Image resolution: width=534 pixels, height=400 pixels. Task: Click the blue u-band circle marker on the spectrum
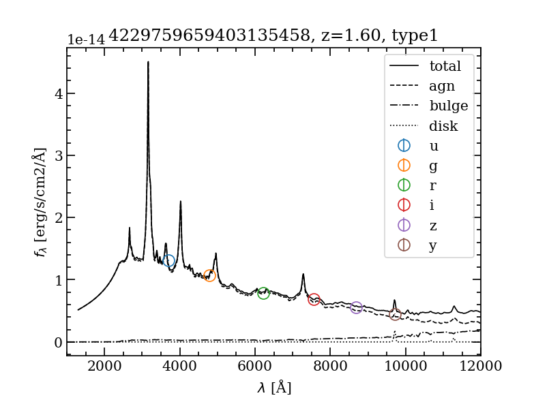coord(169,261)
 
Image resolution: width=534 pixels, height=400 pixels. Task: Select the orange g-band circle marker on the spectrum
coord(210,275)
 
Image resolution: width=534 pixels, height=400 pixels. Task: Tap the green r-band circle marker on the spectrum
coord(263,293)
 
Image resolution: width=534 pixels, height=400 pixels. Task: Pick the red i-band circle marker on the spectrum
coord(314,300)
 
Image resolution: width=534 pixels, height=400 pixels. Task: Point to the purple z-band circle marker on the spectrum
coord(356,308)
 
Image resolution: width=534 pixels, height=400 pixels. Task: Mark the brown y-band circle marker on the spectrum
coord(395,314)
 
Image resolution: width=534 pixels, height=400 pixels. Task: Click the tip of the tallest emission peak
coord(148,62)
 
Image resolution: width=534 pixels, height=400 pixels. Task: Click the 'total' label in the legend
coord(445,67)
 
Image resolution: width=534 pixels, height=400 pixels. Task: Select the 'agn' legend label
coord(442,87)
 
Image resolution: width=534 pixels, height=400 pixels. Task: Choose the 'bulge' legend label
coord(448,106)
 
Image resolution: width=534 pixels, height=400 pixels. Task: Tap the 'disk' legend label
coord(443,126)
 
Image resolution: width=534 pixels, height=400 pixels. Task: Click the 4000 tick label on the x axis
coord(180,367)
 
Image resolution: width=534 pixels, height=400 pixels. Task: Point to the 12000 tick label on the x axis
coord(480,367)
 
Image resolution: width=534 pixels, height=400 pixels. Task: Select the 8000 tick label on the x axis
coord(331,367)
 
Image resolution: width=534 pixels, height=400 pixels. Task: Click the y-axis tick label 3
coord(59,155)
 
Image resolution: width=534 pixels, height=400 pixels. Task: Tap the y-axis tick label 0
coord(59,342)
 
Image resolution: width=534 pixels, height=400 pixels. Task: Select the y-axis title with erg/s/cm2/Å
coord(41,202)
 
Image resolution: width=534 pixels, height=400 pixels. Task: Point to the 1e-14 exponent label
coord(86,40)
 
